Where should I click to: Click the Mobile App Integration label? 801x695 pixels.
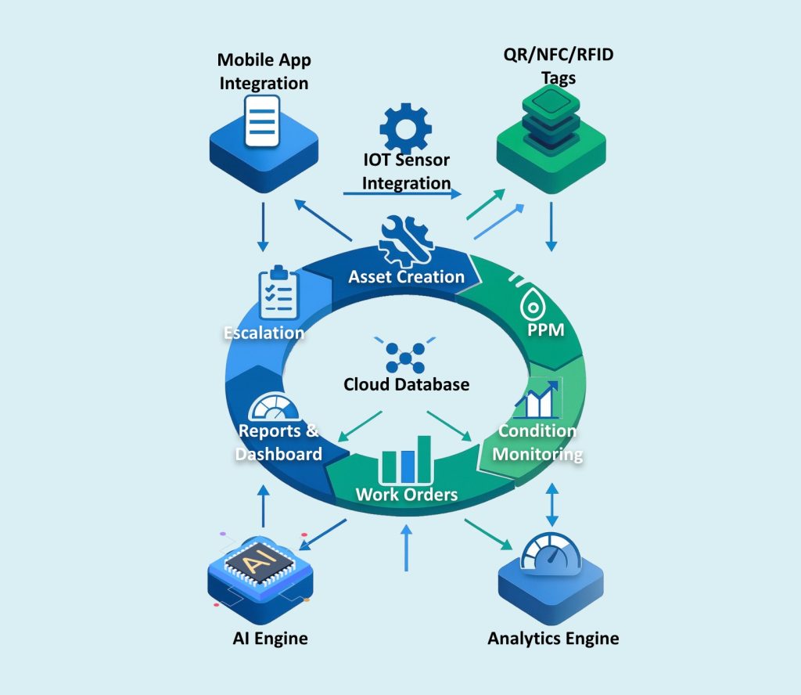click(263, 70)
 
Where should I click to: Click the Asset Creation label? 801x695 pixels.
click(406, 276)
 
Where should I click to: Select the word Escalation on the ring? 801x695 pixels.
click(264, 333)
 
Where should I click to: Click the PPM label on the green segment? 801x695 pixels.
click(546, 329)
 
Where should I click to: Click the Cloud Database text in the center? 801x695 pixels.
click(406, 384)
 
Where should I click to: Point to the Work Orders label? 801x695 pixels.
click(406, 494)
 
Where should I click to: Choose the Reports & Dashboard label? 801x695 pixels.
click(280, 442)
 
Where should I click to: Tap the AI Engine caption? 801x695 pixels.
click(270, 639)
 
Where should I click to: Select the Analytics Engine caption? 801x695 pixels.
click(553, 639)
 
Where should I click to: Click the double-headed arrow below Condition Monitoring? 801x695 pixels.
click(552, 506)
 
